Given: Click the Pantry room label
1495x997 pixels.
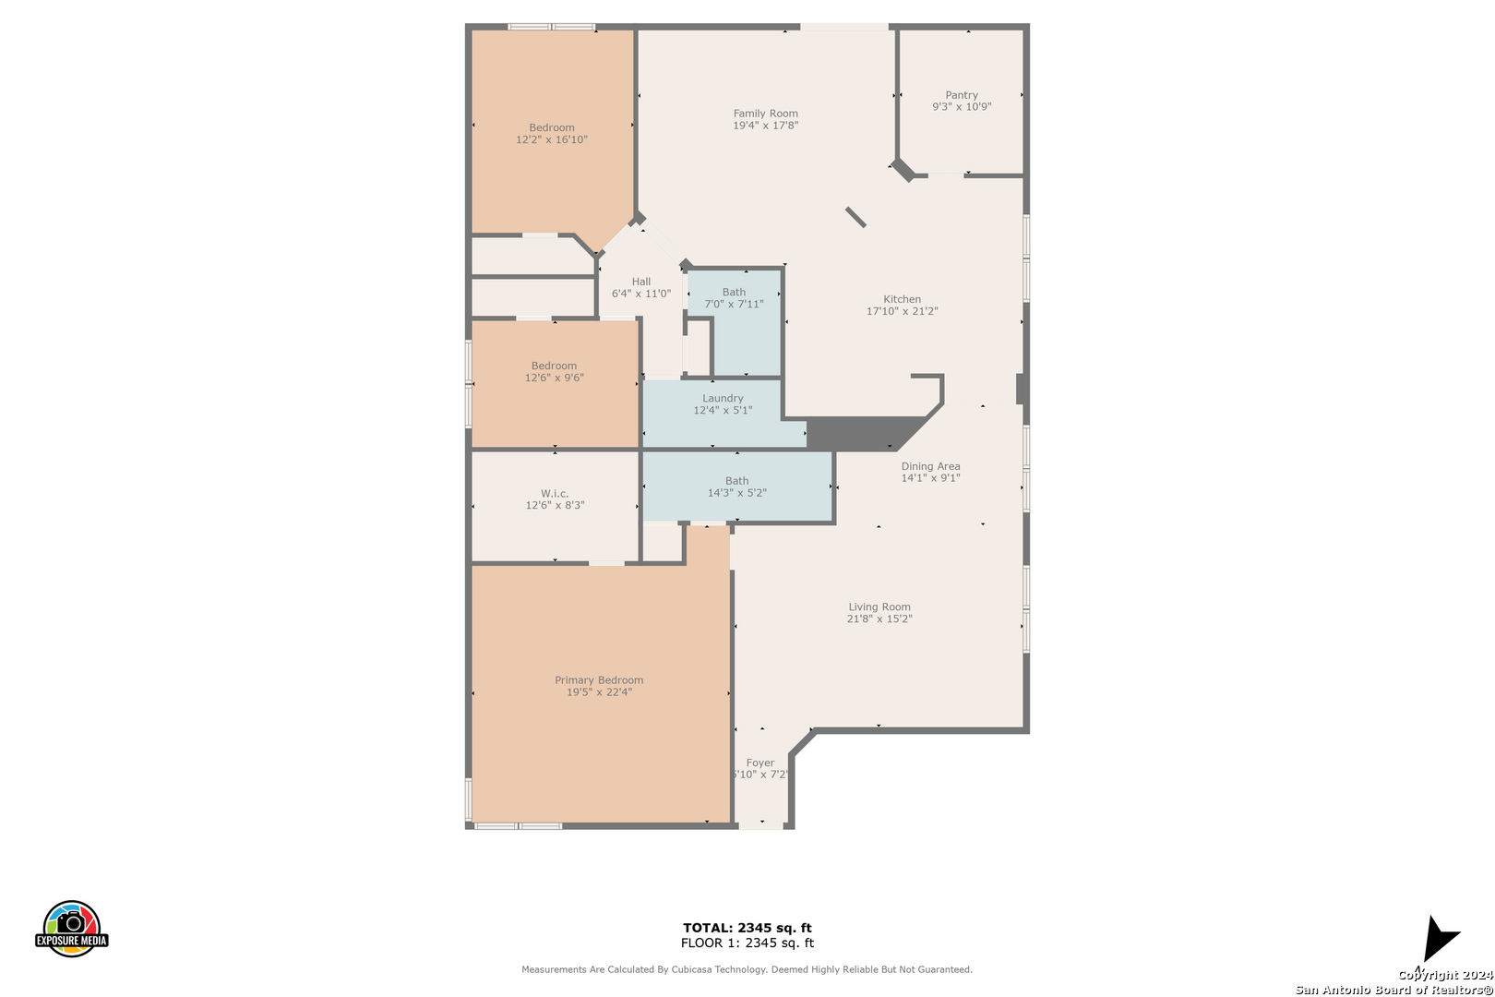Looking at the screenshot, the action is click(961, 95).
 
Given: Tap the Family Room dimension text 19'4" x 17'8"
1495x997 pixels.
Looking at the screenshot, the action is click(766, 125).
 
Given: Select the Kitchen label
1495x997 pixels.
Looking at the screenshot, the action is click(902, 299).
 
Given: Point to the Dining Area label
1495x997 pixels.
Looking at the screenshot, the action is click(930, 466).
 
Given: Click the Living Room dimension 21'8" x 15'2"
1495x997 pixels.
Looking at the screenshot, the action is click(879, 619).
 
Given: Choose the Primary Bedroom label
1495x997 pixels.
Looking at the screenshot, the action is click(599, 679).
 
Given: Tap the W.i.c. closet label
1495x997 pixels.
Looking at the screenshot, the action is click(555, 494).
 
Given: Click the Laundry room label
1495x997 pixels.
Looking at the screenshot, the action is click(723, 398).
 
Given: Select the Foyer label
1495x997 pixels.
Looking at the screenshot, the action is click(760, 763).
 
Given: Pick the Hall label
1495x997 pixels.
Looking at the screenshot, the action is click(640, 282).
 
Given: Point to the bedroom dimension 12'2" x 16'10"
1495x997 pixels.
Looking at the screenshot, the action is click(551, 139).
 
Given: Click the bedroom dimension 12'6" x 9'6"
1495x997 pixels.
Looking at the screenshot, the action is click(554, 378).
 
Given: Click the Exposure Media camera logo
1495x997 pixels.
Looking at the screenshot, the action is click(71, 929).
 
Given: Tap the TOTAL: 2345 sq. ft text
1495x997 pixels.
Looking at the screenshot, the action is click(747, 928).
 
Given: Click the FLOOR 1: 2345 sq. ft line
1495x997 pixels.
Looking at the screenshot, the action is click(747, 943).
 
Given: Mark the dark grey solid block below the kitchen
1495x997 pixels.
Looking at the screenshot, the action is click(861, 433).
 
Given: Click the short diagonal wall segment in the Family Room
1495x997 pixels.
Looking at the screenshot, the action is click(855, 217).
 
